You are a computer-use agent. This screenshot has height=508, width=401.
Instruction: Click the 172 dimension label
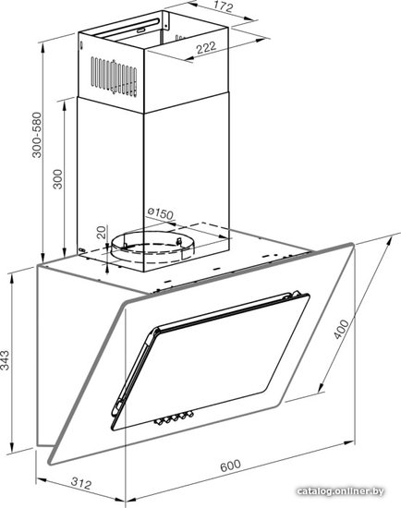pyautogui.click(x=224, y=6)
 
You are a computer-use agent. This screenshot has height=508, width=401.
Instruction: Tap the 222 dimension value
pyautogui.click(x=206, y=47)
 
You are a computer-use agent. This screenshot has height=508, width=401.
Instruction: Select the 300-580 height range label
pyautogui.click(x=37, y=135)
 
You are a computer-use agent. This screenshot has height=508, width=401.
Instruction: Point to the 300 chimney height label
pyautogui.click(x=57, y=179)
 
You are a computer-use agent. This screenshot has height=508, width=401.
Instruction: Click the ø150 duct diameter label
pyautogui.click(x=161, y=212)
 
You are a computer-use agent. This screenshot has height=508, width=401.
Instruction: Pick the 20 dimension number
pyautogui.click(x=102, y=232)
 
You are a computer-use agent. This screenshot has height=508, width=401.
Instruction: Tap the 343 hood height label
pyautogui.click(x=5, y=359)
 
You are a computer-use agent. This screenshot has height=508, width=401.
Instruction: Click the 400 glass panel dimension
pyautogui.click(x=341, y=329)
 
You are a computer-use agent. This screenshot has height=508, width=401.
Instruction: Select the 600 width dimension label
pyautogui.click(x=230, y=466)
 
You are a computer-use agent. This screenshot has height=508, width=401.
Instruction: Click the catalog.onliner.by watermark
pyautogui.click(x=340, y=491)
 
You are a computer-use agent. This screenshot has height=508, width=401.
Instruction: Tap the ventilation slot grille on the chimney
pyautogui.click(x=114, y=77)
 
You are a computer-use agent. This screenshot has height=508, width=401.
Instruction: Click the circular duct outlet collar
pyautogui.click(x=152, y=248)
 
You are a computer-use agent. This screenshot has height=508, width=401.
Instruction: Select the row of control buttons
pyautogui.click(x=174, y=417)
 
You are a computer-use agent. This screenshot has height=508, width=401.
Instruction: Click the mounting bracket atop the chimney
pyautogui.click(x=165, y=20)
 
